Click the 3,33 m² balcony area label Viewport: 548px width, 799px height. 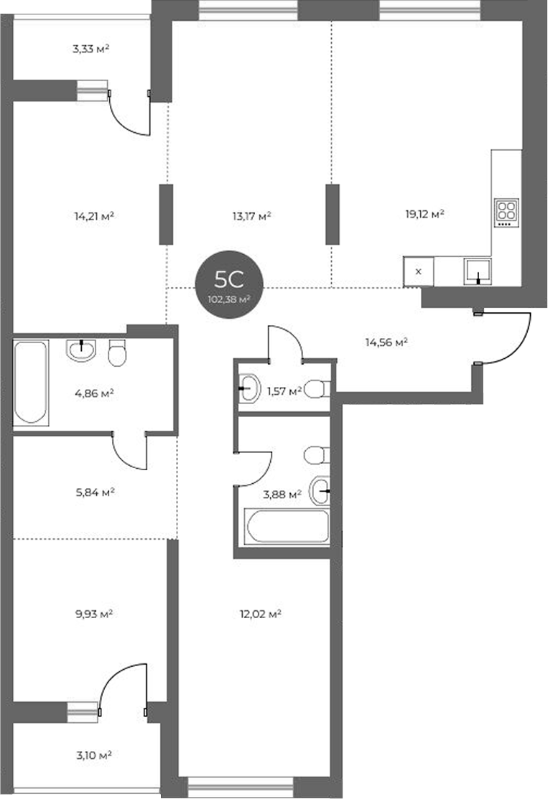pyautogui.click(x=90, y=50)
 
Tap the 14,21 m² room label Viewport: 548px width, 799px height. pyautogui.click(x=94, y=216)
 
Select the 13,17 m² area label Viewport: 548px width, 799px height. pyautogui.click(x=251, y=216)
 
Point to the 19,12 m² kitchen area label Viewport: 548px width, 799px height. pyautogui.click(x=424, y=214)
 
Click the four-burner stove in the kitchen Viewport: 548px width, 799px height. pyautogui.click(x=506, y=212)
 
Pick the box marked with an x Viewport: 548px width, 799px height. pyautogui.click(x=419, y=271)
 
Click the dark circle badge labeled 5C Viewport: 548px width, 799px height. pyautogui.click(x=229, y=284)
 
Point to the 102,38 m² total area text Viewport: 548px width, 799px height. pyautogui.click(x=229, y=299)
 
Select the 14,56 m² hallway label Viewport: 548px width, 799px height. pyautogui.click(x=386, y=342)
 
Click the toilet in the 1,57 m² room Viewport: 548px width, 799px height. pyautogui.click(x=318, y=389)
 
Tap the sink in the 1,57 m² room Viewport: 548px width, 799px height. pyautogui.click(x=249, y=388)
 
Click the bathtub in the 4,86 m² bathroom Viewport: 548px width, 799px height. pyautogui.click(x=31, y=383)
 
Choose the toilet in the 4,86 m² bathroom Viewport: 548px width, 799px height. pyautogui.click(x=117, y=352)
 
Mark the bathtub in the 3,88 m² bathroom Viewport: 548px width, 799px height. pyautogui.click(x=287, y=526)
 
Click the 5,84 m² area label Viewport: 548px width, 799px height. pyautogui.click(x=95, y=492)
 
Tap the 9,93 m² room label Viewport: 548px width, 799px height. pyautogui.click(x=94, y=614)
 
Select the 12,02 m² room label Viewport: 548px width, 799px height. pyautogui.click(x=261, y=614)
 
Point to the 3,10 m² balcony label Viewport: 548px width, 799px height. pyautogui.click(x=94, y=755)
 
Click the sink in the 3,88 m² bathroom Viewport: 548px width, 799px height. pyautogui.click(x=320, y=491)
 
